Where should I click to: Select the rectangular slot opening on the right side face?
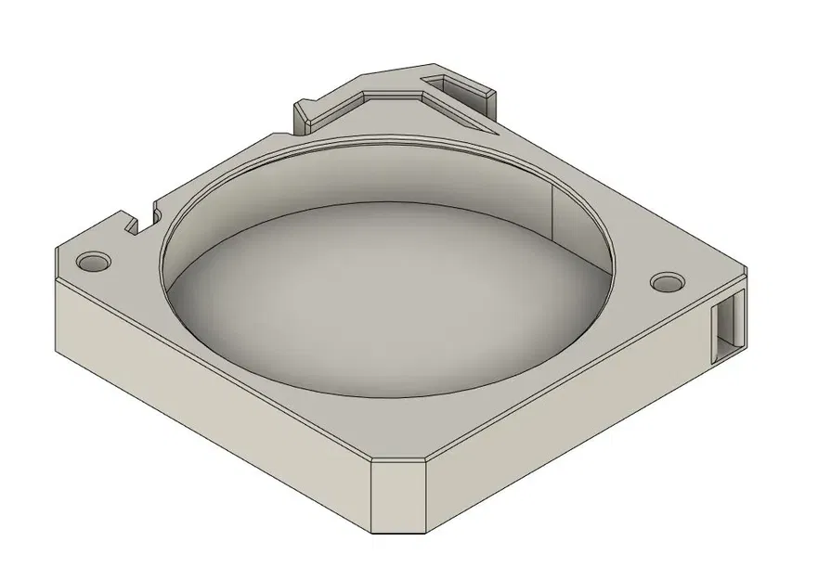729,325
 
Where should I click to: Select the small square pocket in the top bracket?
455,86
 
